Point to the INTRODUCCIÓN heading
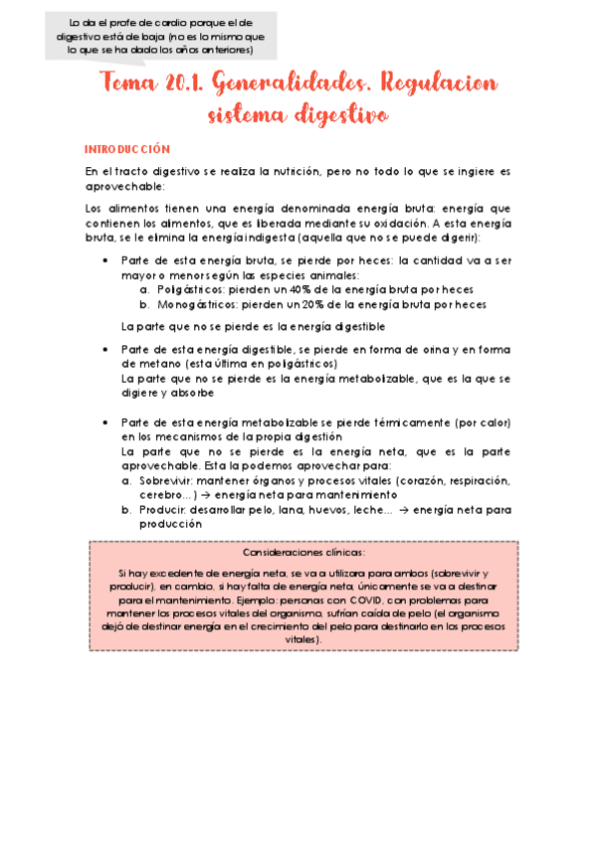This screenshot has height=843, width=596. click(127, 149)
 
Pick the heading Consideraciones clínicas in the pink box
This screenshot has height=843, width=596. click(303, 553)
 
